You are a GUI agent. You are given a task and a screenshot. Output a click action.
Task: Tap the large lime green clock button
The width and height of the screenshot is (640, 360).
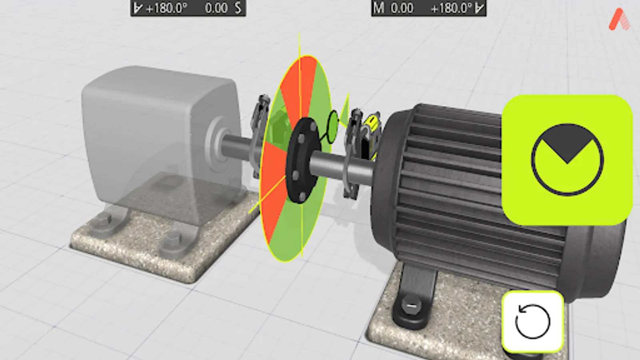pyautogui.click(x=567, y=160)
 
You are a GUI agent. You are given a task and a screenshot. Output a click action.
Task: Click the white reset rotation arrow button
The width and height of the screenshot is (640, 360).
pyautogui.click(x=533, y=322)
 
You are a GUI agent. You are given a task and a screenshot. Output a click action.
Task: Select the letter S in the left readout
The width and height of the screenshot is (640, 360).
pyautogui.click(x=238, y=8)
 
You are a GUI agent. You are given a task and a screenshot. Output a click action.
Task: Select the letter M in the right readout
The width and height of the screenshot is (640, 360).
pyautogui.click(x=378, y=8)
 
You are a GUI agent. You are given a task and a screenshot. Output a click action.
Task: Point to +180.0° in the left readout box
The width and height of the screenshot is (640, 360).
pyautogui.click(x=166, y=8)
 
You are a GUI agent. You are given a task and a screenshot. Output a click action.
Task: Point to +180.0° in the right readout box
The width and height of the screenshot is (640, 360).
pyautogui.click(x=451, y=8)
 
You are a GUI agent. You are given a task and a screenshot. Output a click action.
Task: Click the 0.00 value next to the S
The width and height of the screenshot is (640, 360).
pyautogui.click(x=216, y=8)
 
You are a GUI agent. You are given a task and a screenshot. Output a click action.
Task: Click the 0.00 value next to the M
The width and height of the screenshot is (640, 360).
pyautogui.click(x=402, y=8)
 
